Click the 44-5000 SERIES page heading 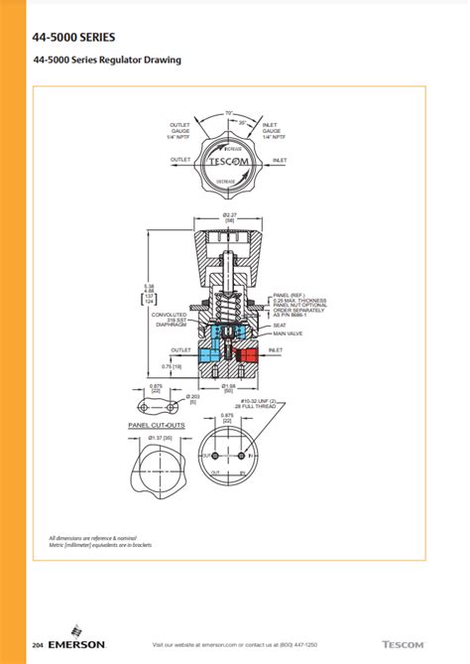pyautogui.click(x=73, y=37)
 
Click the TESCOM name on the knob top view pyautogui.click(x=229, y=160)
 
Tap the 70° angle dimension pyautogui.click(x=229, y=112)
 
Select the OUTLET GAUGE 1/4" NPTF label pyautogui.click(x=180, y=129)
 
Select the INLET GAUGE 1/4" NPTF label pyautogui.click(x=273, y=129)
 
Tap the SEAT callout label pyautogui.click(x=280, y=325)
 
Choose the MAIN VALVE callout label pyautogui.click(x=289, y=334)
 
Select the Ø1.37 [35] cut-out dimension pyautogui.click(x=162, y=437)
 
